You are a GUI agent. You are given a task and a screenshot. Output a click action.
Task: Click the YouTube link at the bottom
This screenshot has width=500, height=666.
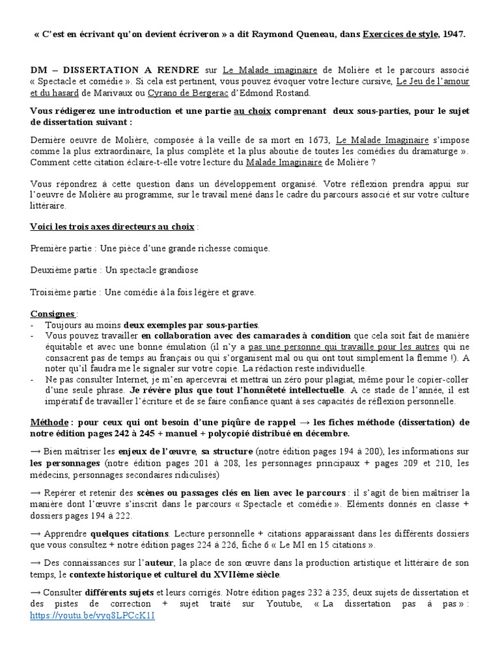[92, 616]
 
